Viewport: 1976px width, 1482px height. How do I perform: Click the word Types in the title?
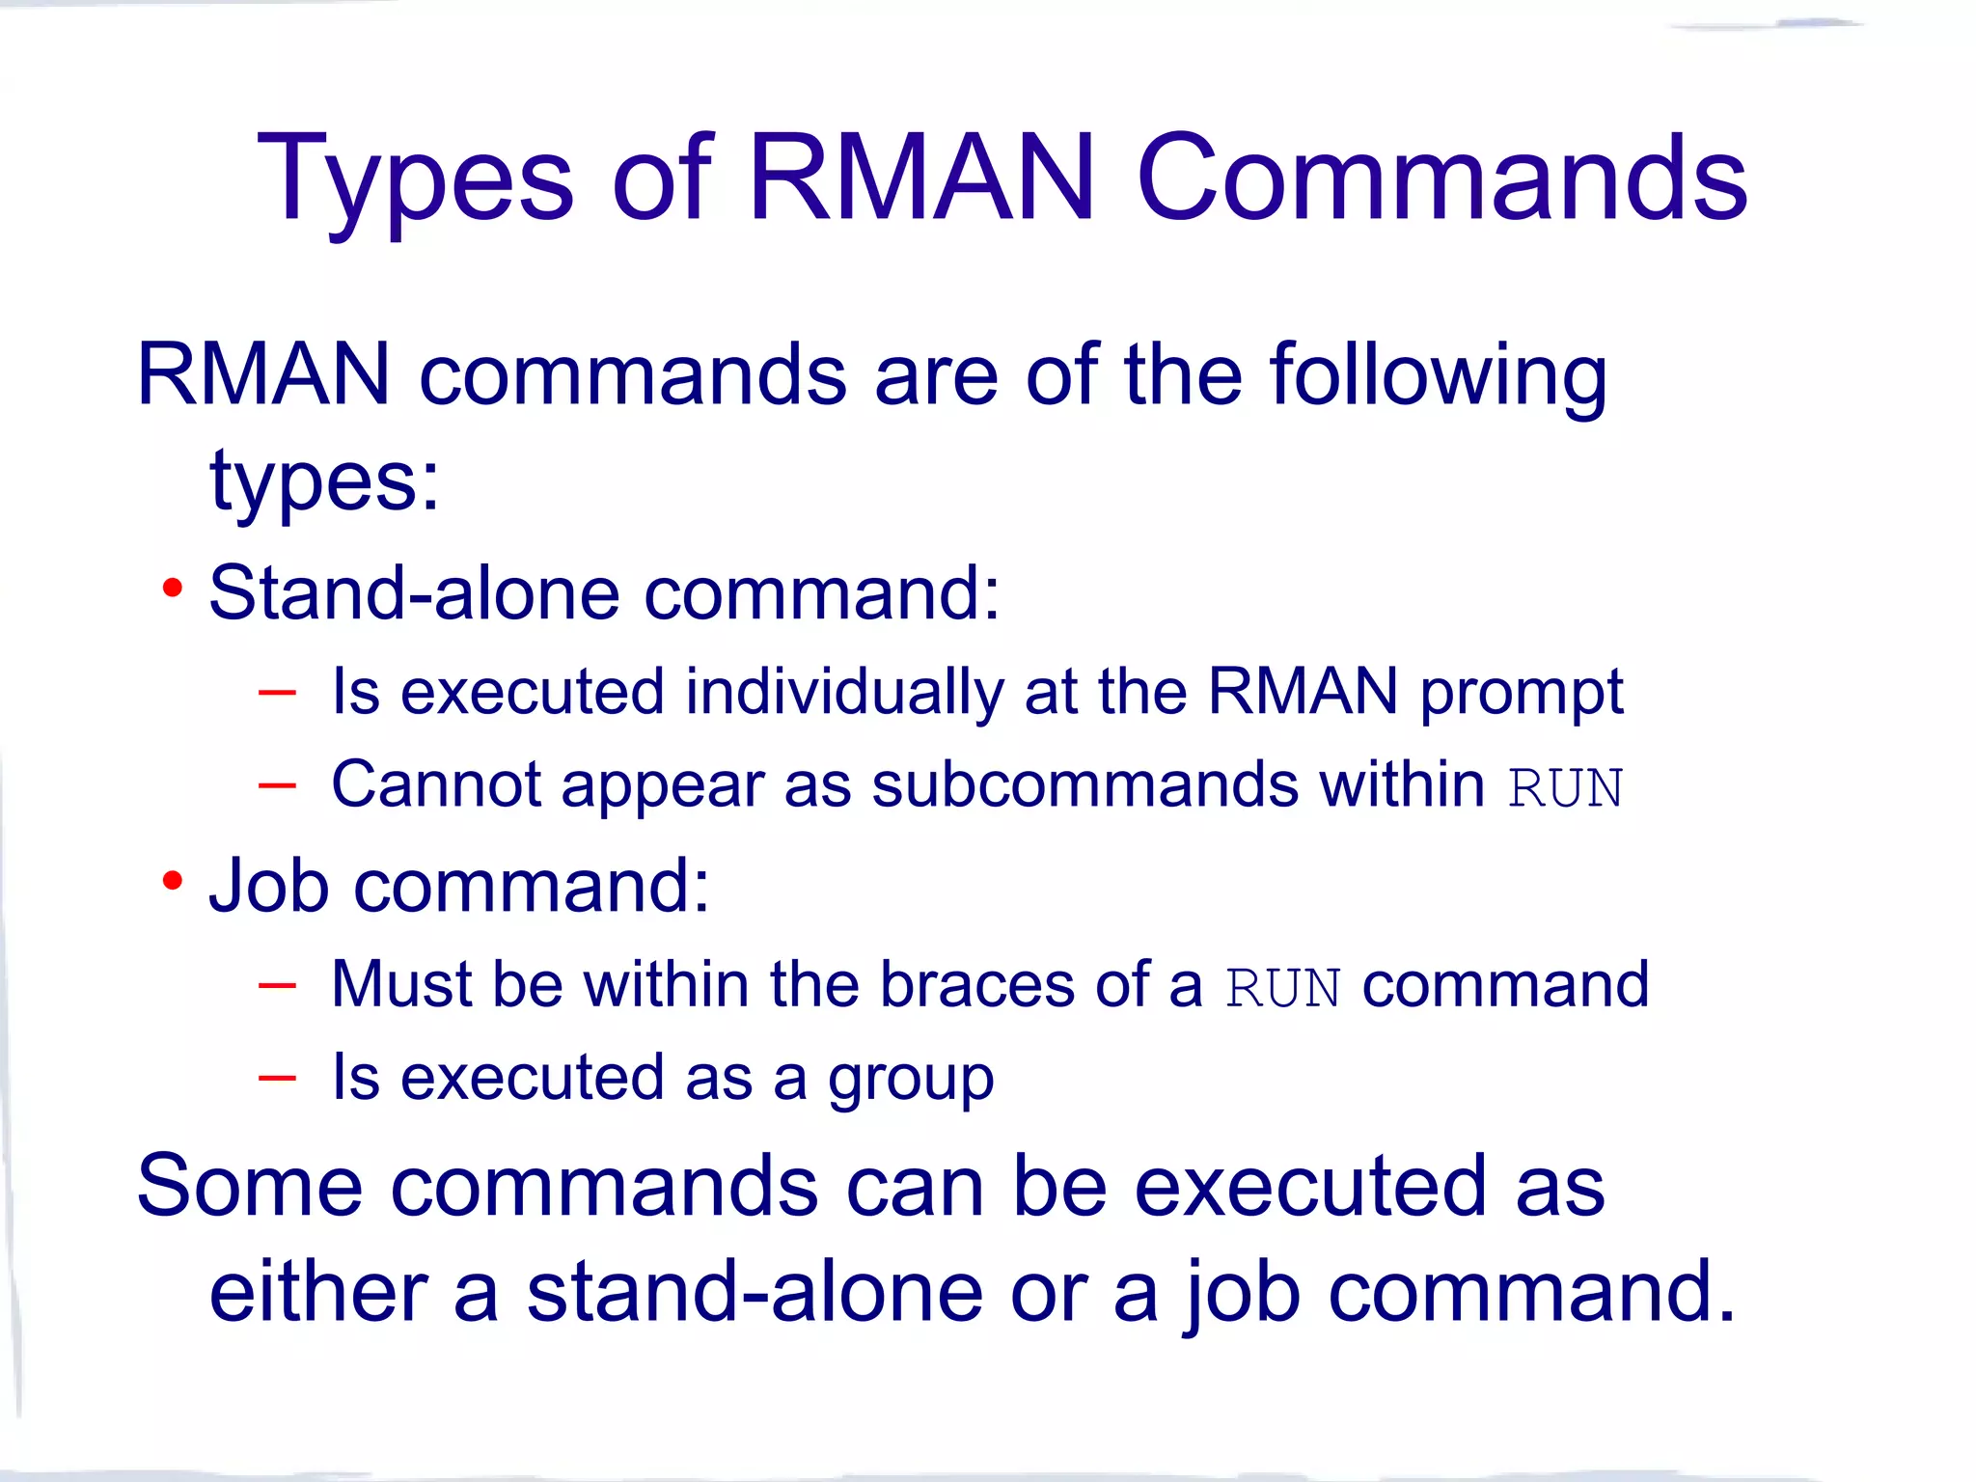[415, 181]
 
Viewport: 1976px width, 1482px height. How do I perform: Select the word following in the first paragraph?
[1438, 376]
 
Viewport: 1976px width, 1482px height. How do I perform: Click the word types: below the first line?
[324, 482]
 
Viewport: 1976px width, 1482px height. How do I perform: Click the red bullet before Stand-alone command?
[173, 588]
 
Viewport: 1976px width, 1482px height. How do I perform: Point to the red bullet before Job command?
[173, 880]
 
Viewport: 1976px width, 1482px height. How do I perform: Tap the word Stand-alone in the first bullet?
[415, 593]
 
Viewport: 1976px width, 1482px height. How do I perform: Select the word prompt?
[1522, 693]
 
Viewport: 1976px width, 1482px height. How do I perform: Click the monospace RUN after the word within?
[1565, 788]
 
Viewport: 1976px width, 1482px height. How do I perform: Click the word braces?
[976, 985]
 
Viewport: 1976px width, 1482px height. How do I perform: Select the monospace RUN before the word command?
[1282, 989]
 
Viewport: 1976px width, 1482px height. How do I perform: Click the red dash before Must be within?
[277, 985]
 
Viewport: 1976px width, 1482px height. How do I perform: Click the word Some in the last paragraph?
[250, 1187]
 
